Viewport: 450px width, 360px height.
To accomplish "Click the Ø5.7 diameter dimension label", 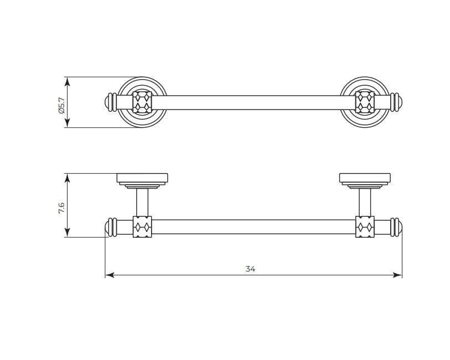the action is click(61, 105).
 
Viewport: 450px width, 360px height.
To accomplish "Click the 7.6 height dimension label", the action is click(61, 208).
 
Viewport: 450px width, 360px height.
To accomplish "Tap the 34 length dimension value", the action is click(250, 269).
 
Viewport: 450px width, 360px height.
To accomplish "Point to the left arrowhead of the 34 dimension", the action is click(110, 275).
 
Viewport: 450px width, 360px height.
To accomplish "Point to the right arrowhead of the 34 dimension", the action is click(397, 275).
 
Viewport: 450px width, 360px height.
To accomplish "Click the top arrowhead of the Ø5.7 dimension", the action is click(67, 82).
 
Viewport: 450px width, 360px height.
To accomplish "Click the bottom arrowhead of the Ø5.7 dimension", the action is click(67, 122).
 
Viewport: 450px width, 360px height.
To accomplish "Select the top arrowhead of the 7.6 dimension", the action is click(67, 178).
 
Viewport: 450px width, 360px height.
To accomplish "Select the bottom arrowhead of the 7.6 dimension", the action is click(67, 232).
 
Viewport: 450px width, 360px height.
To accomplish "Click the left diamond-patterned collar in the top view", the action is click(142, 102).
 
